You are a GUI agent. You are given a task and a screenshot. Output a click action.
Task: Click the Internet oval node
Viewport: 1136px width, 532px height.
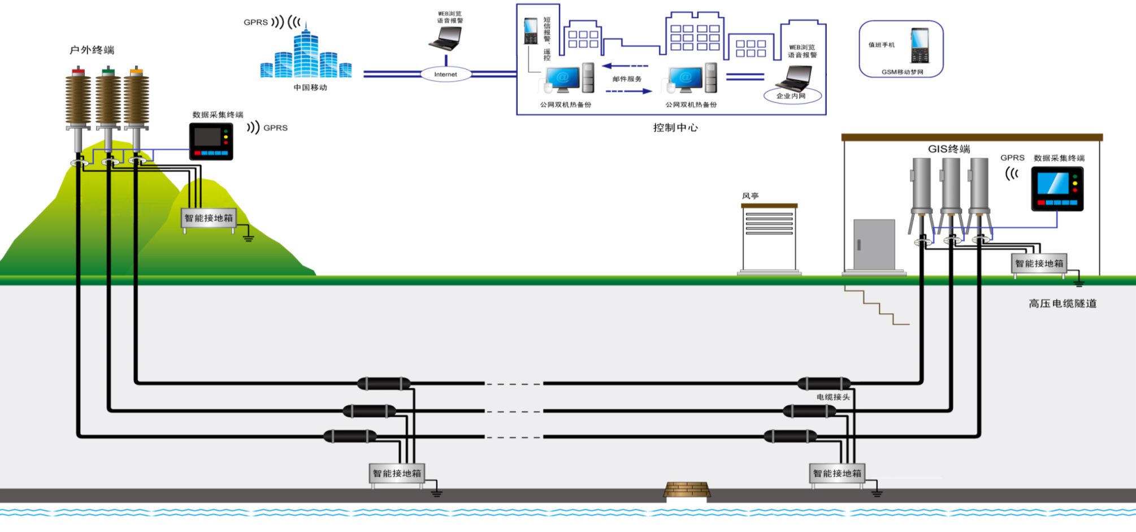445,74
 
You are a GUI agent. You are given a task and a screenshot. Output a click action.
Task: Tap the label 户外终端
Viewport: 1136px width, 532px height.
92,50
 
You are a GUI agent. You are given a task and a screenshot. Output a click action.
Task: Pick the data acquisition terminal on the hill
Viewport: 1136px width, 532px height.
211,141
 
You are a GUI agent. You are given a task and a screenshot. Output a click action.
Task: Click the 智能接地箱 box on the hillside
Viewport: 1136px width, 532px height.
209,218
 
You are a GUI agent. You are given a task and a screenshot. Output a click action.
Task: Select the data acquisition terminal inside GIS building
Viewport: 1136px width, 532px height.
1057,189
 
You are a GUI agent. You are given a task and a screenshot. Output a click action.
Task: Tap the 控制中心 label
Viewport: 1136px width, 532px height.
675,128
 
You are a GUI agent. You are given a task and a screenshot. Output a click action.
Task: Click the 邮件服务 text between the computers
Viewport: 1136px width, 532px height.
627,79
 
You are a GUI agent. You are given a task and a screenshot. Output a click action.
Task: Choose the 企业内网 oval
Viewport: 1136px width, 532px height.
791,96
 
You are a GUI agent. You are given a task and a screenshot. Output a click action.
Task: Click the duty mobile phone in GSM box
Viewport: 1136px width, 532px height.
920,45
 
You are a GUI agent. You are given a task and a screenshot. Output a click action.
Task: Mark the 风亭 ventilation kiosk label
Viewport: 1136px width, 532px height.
750,196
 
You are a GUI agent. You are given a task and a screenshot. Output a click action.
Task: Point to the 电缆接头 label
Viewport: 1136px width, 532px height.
833,397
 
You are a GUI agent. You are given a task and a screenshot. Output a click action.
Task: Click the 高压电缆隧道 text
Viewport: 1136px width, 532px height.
1063,304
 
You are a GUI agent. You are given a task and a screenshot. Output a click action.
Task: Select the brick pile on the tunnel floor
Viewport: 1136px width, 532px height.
687,490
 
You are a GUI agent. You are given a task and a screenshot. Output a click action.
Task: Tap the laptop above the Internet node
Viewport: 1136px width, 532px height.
446,38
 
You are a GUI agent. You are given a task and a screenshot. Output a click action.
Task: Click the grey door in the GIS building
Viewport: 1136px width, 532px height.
874,244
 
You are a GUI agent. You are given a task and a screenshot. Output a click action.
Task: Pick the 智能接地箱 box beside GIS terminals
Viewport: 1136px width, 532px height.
1039,263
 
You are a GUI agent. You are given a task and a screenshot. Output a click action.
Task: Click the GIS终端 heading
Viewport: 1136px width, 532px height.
949,149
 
